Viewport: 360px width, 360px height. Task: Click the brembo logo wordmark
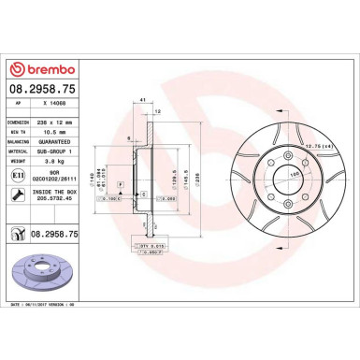[x=38, y=70]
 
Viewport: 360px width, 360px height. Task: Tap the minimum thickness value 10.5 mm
[x=53, y=133]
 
